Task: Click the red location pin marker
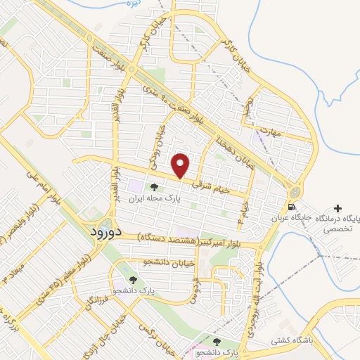click(181, 165)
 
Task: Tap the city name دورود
click(108, 231)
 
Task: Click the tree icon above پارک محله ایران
click(154, 186)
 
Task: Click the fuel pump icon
click(292, 207)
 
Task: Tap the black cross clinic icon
click(339, 209)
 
